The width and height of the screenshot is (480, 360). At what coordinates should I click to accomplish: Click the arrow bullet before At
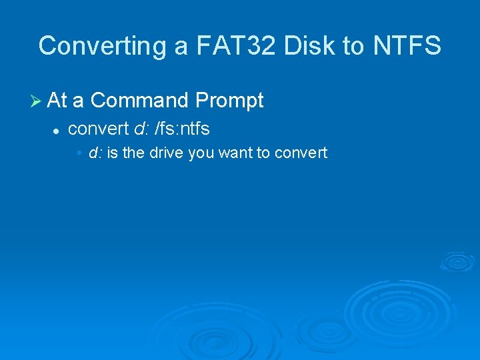[37, 101]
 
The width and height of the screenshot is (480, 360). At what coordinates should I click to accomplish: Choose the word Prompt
[229, 101]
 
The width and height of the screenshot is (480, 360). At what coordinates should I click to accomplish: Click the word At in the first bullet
[57, 101]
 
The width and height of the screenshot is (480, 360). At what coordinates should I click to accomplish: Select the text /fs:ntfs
[182, 128]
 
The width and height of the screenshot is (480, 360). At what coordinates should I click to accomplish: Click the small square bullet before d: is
[79, 153]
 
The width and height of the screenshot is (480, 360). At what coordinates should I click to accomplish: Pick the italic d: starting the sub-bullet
[95, 153]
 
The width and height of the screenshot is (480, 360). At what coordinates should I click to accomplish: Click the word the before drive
[133, 153]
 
